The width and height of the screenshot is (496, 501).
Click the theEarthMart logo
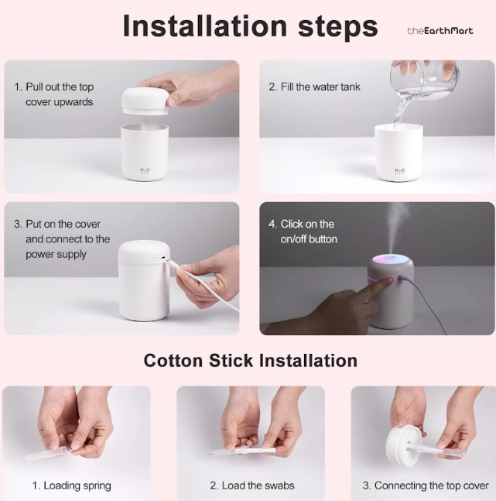440,31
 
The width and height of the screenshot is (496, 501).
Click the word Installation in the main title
205,26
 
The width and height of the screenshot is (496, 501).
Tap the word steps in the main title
337,27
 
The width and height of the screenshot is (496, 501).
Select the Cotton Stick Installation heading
251,360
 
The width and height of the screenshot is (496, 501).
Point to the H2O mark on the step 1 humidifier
145,170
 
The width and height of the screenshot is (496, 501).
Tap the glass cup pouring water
425,77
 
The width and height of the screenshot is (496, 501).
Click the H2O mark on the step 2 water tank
399,170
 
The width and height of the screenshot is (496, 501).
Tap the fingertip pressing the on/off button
388,281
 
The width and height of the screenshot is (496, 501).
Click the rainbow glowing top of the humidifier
391,259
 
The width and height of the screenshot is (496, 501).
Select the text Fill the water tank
320,87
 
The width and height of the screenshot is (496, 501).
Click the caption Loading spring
77,486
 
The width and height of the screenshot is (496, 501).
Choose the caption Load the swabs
258,485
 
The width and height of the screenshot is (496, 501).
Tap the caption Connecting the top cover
432,486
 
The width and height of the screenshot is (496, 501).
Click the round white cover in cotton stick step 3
404,444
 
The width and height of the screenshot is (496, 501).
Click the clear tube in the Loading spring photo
47,454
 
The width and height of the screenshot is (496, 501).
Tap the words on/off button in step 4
309,239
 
